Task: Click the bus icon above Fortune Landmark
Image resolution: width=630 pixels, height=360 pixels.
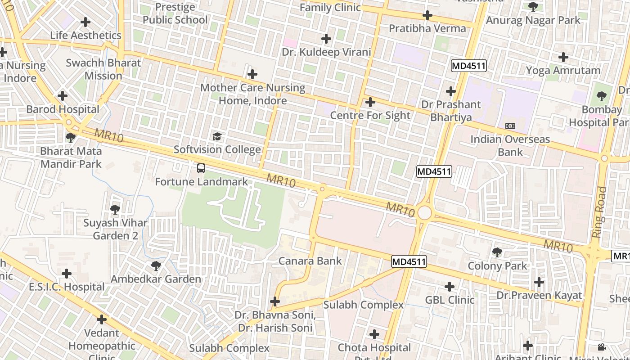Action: pyautogui.click(x=201, y=169)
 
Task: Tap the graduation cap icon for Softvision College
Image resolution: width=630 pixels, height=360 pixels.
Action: pyautogui.click(x=217, y=136)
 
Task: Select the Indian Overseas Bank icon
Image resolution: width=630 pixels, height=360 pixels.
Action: pyautogui.click(x=510, y=126)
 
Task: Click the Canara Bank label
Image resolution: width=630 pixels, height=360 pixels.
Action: pyautogui.click(x=310, y=261)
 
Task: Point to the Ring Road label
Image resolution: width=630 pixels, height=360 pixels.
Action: pyautogui.click(x=600, y=212)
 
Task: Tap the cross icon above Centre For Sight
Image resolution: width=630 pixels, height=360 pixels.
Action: pyautogui.click(x=370, y=102)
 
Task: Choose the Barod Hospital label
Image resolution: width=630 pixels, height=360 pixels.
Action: pyautogui.click(x=63, y=109)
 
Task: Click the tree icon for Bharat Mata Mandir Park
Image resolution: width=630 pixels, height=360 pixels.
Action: pyautogui.click(x=71, y=138)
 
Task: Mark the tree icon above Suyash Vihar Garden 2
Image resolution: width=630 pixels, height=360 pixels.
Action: pyautogui.click(x=115, y=209)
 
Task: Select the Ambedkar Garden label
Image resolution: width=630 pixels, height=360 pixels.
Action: pyautogui.click(x=156, y=279)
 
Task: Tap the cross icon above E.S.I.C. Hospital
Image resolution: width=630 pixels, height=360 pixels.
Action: pyautogui.click(x=67, y=273)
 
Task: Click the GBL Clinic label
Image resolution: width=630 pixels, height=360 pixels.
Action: pyautogui.click(x=450, y=300)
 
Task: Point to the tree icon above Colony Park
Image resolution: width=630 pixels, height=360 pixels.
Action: pyautogui.click(x=497, y=252)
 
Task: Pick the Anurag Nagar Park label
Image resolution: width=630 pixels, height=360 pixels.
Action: pyautogui.click(x=533, y=20)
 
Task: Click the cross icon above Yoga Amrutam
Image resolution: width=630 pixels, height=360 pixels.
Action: pyautogui.click(x=563, y=57)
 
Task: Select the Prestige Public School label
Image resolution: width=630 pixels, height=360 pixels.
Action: pyautogui.click(x=175, y=13)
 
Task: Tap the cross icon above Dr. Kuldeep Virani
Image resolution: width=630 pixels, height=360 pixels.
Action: pyautogui.click(x=326, y=39)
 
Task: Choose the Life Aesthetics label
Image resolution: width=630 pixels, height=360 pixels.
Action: pyautogui.click(x=85, y=35)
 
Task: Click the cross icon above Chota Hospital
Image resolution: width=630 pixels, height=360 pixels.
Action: pyautogui.click(x=374, y=334)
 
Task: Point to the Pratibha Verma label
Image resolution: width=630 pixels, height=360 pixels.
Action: pyautogui.click(x=427, y=28)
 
